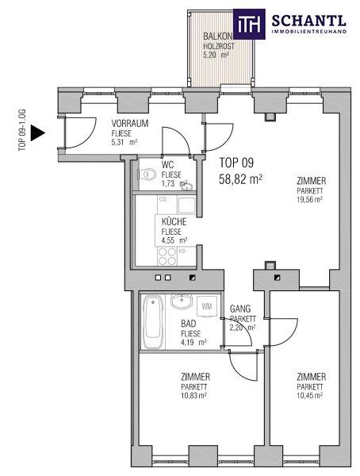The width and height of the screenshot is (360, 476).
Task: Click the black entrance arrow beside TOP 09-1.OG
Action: point(37,133)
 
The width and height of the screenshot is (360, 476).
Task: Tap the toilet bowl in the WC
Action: point(147,175)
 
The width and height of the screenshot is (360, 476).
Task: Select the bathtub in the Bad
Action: point(152,322)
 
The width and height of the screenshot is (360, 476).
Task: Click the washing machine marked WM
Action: point(207,306)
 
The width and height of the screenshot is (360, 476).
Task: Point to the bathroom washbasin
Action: point(182,301)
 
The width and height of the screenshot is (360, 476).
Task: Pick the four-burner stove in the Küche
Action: point(167,256)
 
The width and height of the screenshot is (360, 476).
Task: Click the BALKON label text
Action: point(217,36)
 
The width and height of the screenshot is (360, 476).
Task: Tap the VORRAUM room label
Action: point(129,123)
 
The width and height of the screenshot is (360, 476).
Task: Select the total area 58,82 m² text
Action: point(240,180)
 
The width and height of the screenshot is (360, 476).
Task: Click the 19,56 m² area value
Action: point(309,199)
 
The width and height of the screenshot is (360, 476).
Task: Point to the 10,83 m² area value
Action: point(193,396)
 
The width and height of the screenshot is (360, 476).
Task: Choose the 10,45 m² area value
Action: point(309,396)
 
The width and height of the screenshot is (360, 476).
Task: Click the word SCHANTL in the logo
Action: point(308,21)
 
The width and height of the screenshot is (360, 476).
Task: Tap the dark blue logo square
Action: point(249,24)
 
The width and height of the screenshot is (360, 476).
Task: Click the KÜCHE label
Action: point(174,221)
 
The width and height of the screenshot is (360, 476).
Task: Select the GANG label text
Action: point(240,309)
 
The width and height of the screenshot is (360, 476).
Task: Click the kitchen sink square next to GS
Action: point(186,205)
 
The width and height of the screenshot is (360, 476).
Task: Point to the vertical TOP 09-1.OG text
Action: point(22,130)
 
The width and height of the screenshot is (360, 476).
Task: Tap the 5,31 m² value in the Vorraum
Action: point(124,142)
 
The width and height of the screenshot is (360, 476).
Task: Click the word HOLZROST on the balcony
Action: point(219,47)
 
